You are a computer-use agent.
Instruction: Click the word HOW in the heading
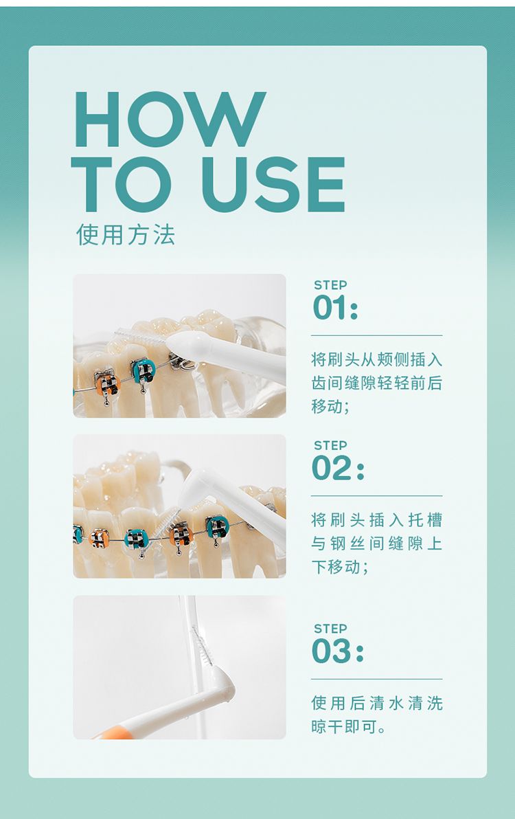170,119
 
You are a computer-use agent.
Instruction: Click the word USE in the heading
273,184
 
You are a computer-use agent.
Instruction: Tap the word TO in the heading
121,184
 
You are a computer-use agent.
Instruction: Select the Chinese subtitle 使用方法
125,234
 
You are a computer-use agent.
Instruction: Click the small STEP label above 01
330,285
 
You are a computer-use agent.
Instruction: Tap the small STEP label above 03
330,629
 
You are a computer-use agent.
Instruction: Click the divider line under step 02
377,495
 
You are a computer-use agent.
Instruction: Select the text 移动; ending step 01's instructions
330,406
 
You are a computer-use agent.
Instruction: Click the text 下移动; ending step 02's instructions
340,567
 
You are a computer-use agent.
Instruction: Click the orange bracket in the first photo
108,384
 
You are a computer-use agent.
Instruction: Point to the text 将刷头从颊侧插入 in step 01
377,359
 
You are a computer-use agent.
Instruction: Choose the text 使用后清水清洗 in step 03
377,703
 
